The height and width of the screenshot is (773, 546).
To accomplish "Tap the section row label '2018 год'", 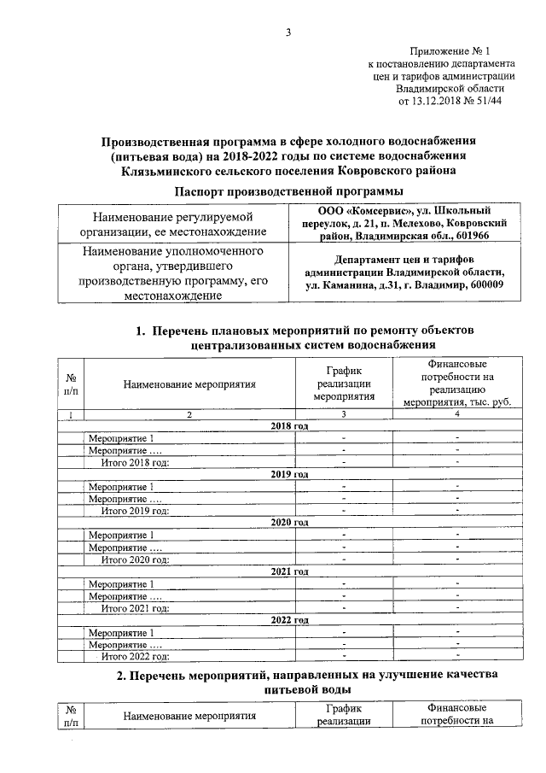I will click(288, 425).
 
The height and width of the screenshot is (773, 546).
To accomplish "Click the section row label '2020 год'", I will click(288, 523).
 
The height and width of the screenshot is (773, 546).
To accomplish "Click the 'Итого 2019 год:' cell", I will click(135, 511).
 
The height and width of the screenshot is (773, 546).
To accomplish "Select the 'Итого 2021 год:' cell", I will click(135, 608).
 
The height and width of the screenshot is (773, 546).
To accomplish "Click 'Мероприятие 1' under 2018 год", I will click(121, 438).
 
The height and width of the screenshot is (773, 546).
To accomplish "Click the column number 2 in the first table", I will click(189, 414).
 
